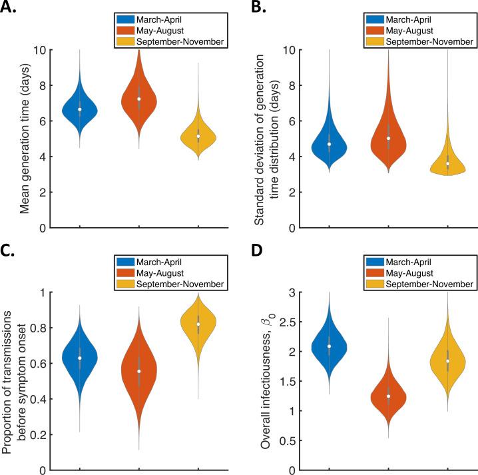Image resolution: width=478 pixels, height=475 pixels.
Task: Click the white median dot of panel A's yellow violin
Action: pyautogui.click(x=198, y=136)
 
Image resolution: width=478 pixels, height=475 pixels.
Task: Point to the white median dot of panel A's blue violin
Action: pyautogui.click(x=80, y=109)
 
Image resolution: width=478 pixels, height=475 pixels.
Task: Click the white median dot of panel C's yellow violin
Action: pyautogui.click(x=198, y=324)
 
